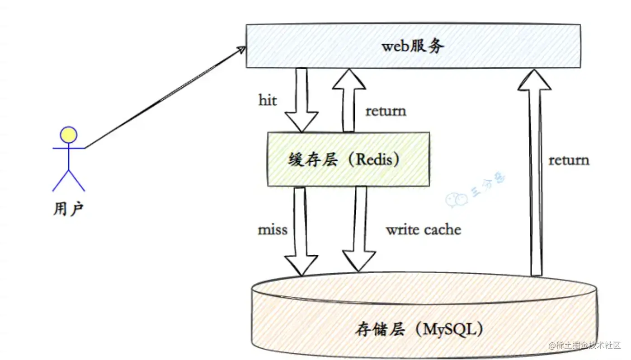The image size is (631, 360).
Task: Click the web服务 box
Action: point(413,46)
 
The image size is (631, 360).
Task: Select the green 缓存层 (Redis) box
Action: point(348,159)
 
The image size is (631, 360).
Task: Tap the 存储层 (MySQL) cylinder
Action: point(424,316)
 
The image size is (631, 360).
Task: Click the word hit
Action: point(268,100)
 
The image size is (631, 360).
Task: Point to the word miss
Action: point(273,229)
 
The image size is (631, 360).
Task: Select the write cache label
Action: point(423,229)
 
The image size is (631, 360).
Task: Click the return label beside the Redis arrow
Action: point(386,111)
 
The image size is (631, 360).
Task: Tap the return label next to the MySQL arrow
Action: point(569,160)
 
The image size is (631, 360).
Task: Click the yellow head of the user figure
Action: point(69,135)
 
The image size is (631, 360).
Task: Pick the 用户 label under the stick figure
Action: point(68,209)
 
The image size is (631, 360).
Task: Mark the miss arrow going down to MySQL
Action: point(301,230)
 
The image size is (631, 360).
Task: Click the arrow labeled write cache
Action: point(359,230)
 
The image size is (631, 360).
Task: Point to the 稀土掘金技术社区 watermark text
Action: point(588,346)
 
